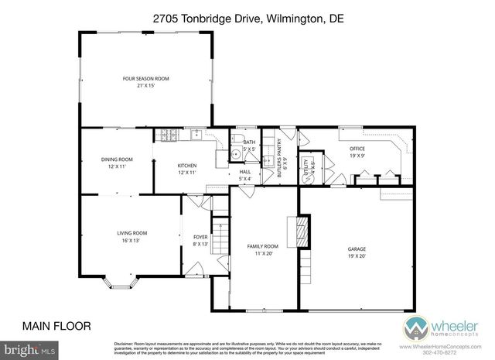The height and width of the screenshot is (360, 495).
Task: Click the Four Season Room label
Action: click(145, 82)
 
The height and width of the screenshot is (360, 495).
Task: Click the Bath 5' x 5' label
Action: click(249, 146)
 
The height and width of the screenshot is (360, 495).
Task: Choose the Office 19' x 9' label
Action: click(357, 152)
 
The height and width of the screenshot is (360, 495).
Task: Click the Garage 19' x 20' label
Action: click(357, 252)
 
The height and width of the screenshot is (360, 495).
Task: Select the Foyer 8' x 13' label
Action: click(200, 241)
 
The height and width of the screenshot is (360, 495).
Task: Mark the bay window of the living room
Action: click(121, 282)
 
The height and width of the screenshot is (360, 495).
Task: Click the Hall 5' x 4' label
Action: click(245, 176)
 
